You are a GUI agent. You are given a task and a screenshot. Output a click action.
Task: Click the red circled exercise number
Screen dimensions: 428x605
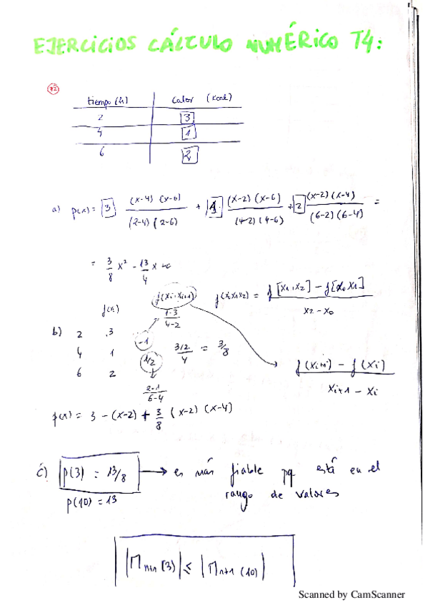(x=53, y=88)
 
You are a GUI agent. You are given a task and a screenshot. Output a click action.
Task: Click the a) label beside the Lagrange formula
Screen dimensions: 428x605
(x=56, y=210)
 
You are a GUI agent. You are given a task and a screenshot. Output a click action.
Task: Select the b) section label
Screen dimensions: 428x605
(x=57, y=331)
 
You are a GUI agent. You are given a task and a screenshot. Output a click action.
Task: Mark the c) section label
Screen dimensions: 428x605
(x=44, y=470)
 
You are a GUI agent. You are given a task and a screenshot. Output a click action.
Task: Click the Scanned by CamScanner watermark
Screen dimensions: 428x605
(x=351, y=594)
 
